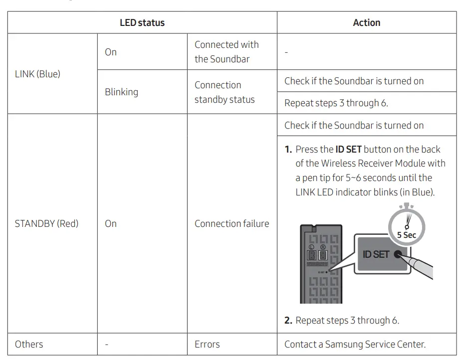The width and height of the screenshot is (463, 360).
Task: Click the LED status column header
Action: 142,23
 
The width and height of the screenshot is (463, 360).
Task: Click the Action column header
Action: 366,23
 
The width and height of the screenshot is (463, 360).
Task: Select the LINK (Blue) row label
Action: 37,74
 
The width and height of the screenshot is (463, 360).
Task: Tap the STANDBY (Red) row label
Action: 46,223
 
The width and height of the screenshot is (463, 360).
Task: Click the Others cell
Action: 29,344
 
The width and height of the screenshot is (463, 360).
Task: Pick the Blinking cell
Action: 121,92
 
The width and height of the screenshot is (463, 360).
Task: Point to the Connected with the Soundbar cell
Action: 227,51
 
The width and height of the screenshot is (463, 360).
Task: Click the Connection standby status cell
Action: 225,92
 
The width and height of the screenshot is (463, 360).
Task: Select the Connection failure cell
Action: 231,223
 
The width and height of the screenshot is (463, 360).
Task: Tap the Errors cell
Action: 207,344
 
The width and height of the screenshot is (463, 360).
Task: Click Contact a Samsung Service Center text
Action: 355,344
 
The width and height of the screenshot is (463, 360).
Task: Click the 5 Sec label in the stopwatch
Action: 406,235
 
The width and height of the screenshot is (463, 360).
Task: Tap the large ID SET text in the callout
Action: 376,254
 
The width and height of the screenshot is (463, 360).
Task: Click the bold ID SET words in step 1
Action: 348,149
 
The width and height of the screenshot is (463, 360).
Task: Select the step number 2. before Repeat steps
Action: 288,321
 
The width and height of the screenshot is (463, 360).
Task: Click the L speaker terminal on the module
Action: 311,256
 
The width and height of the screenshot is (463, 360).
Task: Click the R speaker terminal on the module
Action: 323,256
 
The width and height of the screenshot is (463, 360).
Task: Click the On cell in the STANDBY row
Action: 111,223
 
